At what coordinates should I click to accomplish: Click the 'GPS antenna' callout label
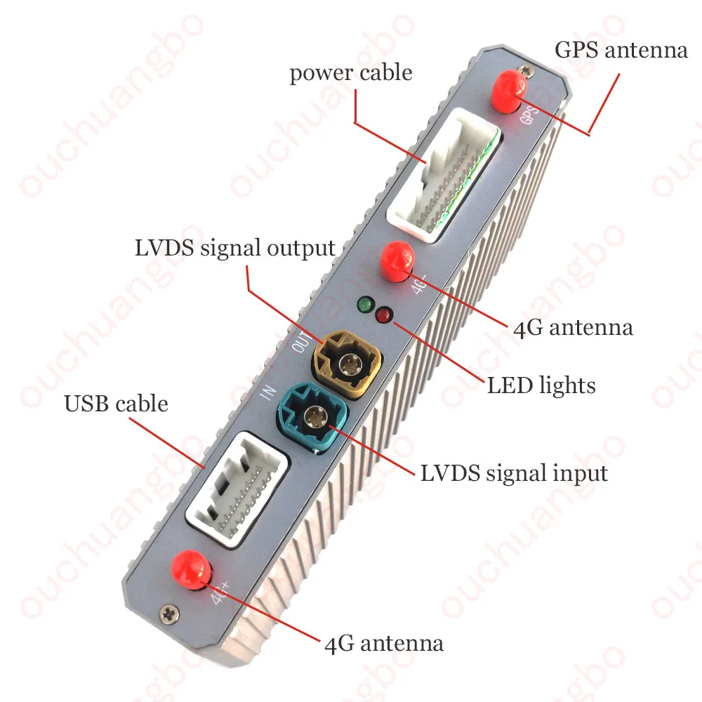[621, 51]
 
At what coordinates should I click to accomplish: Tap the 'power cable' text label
[351, 73]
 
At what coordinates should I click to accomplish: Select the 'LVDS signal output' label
[235, 248]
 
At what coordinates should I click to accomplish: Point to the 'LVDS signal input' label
[514, 473]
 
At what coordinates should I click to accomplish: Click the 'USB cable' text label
[116, 404]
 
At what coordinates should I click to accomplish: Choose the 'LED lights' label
[541, 385]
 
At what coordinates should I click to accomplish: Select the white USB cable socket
[237, 484]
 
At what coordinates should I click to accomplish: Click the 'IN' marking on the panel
[268, 393]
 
